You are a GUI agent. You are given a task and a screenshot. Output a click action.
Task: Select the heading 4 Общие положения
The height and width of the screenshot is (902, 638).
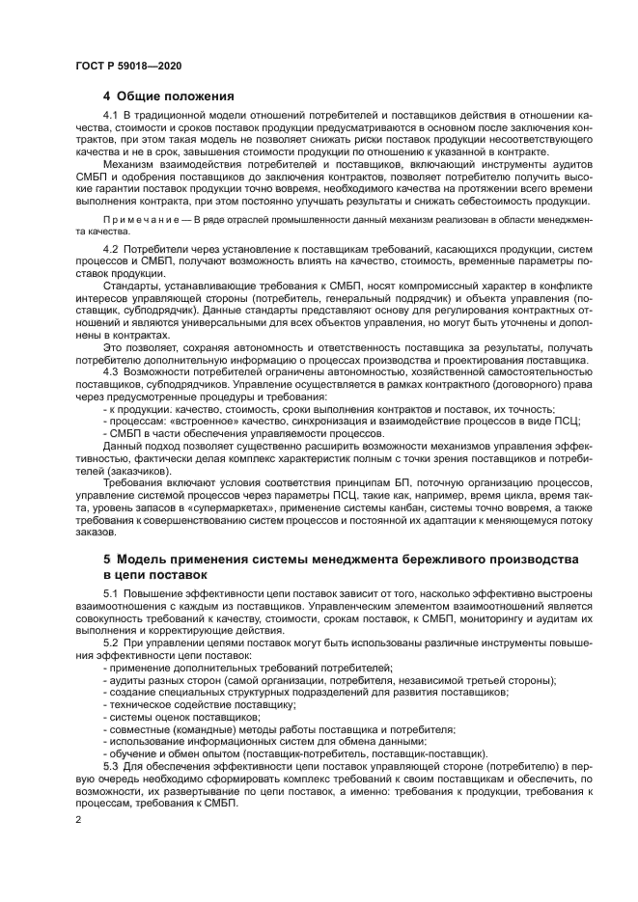point(168,96)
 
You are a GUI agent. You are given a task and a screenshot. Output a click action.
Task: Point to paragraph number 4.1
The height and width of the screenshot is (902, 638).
point(109,116)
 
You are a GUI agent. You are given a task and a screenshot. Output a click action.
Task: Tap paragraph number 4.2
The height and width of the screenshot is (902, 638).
point(109,250)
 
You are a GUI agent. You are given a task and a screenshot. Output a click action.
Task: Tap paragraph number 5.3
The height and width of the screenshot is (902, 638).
point(109,766)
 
